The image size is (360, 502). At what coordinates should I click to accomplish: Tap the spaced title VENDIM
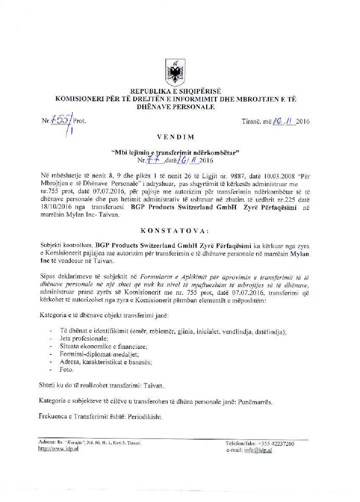click(180, 137)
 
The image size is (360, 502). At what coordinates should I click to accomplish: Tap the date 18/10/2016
click(52, 206)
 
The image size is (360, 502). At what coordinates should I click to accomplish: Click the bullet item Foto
click(67, 370)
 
